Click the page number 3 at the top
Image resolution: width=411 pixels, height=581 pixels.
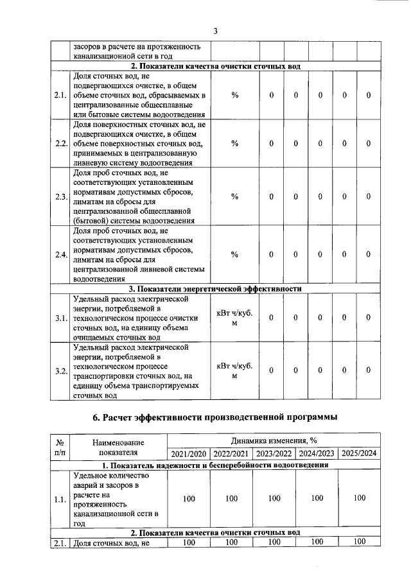click(x=215, y=31)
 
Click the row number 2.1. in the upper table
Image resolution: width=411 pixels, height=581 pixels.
click(x=61, y=96)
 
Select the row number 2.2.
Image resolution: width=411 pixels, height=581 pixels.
click(x=61, y=143)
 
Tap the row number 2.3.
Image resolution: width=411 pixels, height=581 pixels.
click(x=61, y=196)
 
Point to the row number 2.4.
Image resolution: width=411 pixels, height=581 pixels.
click(x=61, y=255)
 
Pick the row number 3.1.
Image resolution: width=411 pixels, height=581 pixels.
click(x=61, y=318)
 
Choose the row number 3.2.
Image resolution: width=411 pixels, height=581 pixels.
click(x=61, y=371)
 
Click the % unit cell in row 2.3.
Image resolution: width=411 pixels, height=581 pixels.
click(x=234, y=196)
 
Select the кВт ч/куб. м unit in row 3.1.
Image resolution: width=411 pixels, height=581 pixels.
click(x=234, y=318)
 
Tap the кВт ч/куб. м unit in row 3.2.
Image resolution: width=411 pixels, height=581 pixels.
click(x=234, y=371)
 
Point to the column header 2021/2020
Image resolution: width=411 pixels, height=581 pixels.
click(x=188, y=453)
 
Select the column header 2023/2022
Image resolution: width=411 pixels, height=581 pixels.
click(x=274, y=453)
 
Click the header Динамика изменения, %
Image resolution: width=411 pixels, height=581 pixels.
click(x=274, y=441)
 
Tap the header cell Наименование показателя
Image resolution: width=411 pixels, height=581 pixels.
click(x=118, y=447)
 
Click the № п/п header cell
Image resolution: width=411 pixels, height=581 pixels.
click(x=59, y=447)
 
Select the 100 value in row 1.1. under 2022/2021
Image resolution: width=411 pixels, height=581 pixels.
click(x=231, y=498)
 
